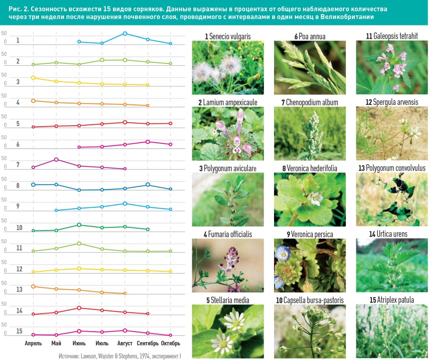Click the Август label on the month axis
[x=125, y=343]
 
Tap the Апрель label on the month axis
[x=33, y=343]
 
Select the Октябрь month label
[x=171, y=343]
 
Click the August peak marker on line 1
[x=125, y=34]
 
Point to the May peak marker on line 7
[x=56, y=160]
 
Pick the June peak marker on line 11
[x=79, y=244]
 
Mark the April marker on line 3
[x=33, y=77]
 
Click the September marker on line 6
[x=148, y=142]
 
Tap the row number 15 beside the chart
[x=19, y=331]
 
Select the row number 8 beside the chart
[x=17, y=186]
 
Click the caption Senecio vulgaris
[x=228, y=36]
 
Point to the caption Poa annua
[x=310, y=36]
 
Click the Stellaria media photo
[x=228, y=330]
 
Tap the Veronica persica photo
[x=310, y=266]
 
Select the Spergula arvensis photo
[x=392, y=134]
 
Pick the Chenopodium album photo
[x=310, y=134]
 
